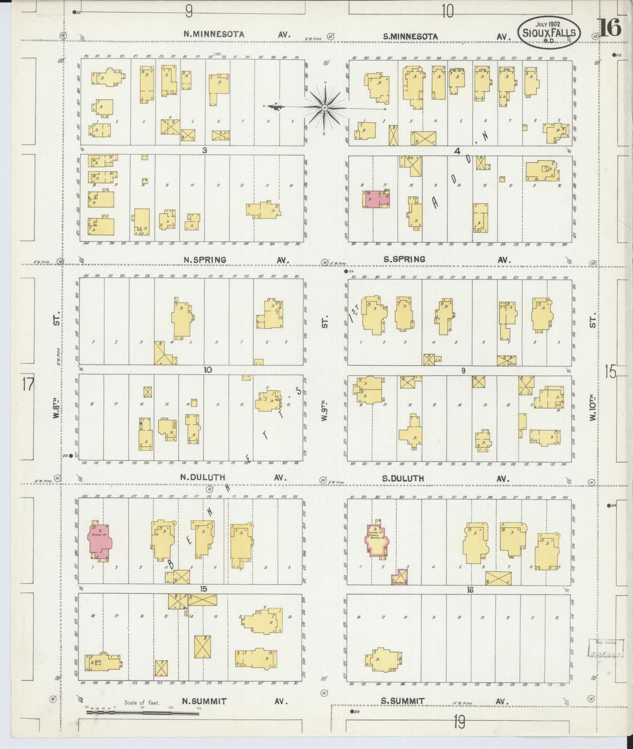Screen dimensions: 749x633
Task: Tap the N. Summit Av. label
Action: click(234, 701)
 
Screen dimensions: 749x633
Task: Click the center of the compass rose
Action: click(325, 107)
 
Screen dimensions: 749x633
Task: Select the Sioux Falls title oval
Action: click(549, 32)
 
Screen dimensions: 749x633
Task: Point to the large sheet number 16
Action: click(610, 29)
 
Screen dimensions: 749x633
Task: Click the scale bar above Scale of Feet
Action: click(142, 713)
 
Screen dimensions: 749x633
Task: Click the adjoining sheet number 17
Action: click(28, 385)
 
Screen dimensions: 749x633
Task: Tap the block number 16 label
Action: click(470, 590)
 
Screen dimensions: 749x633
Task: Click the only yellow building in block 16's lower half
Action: click(383, 658)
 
